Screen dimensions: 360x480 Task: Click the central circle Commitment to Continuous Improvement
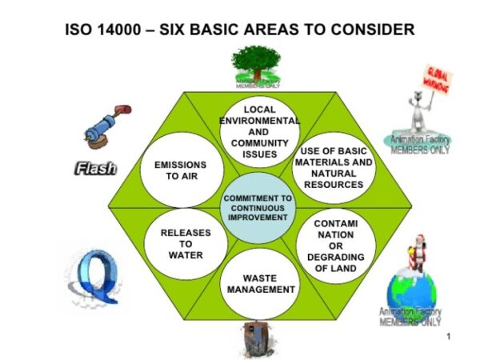pos(258,206)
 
